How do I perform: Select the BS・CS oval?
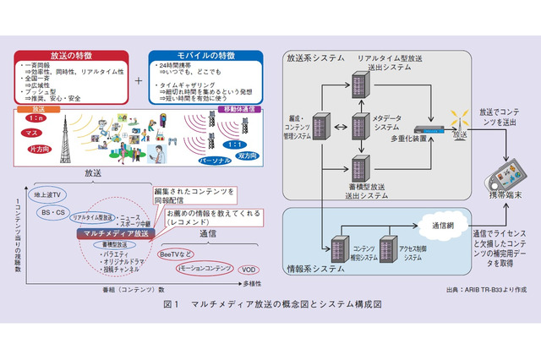(x=54, y=213)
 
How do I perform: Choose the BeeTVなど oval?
(x=178, y=253)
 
